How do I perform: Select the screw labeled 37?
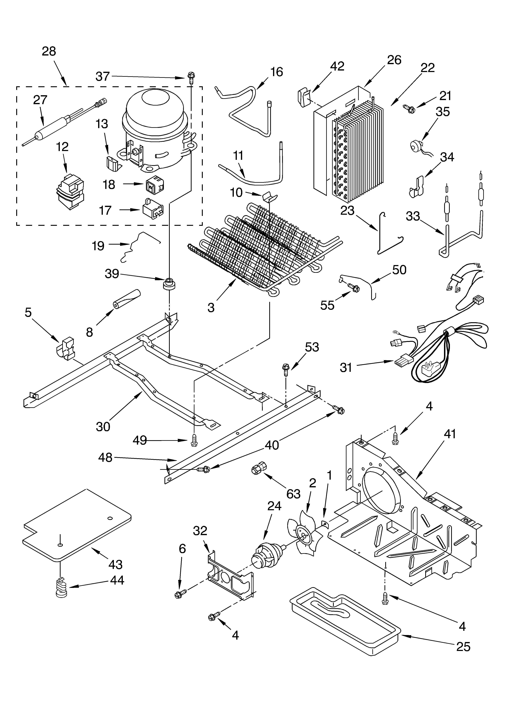coord(190,77)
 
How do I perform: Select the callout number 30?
coord(103,427)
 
